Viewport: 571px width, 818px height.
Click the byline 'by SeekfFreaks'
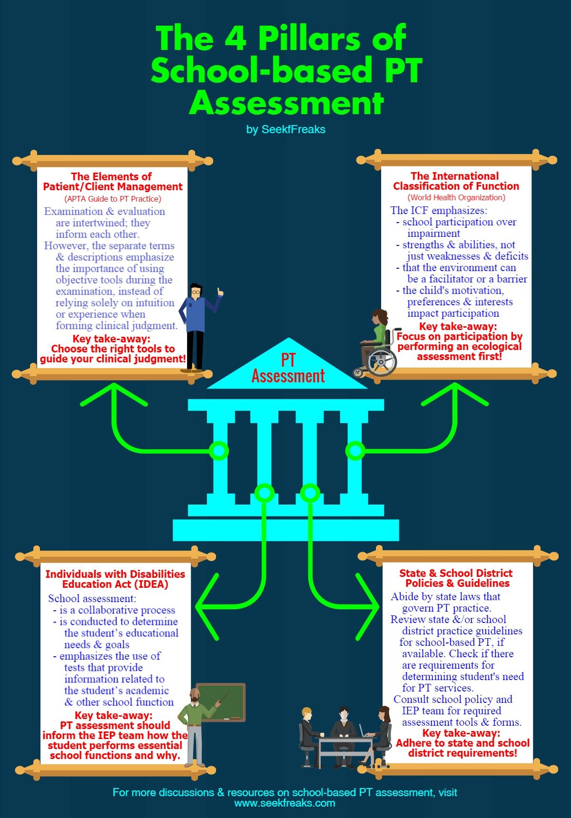coord(286,129)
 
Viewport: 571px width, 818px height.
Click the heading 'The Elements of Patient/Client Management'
coord(113,181)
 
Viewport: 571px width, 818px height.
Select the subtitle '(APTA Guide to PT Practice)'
coord(113,199)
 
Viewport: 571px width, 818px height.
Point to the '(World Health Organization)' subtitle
coord(456,197)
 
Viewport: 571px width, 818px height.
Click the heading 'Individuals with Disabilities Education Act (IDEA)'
coord(115,579)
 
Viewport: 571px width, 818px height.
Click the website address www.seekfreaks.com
coord(285,803)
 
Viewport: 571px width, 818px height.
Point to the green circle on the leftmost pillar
coord(219,450)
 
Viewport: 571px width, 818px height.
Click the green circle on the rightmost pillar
coord(355,450)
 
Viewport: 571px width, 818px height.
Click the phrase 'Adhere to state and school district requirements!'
coord(463,748)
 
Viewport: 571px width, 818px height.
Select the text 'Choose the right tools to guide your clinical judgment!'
coord(113,354)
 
